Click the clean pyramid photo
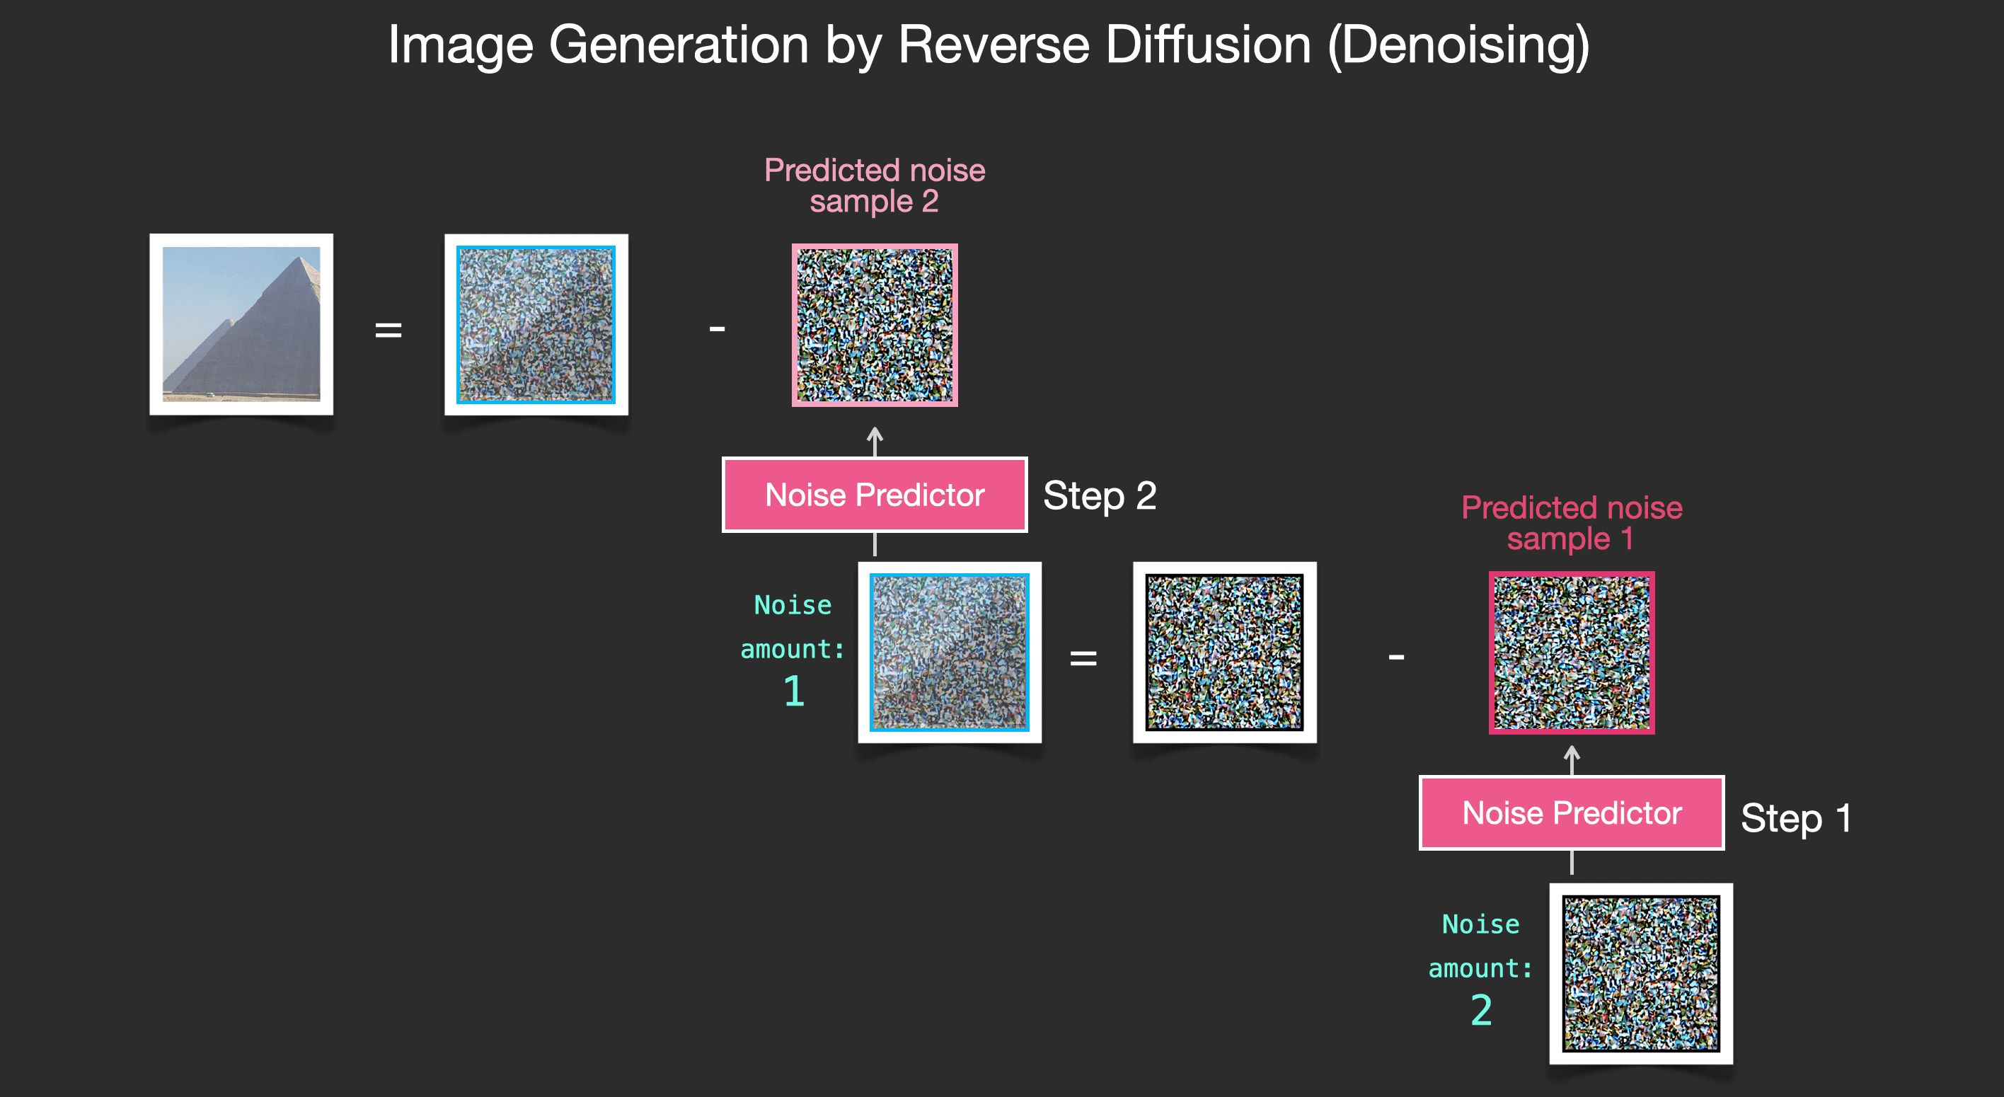tap(241, 323)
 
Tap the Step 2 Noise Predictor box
tap(875, 495)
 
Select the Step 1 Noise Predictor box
tap(1572, 813)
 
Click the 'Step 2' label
tap(1099, 495)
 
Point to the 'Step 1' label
tap(1795, 817)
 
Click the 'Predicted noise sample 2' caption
tap(875, 185)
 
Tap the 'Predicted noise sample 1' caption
tap(1572, 523)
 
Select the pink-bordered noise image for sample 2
tap(875, 326)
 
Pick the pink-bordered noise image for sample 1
tap(1572, 653)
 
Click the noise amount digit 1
tap(793, 691)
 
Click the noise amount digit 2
tap(1481, 1010)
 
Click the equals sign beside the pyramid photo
tap(388, 330)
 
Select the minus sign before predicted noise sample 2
tap(717, 329)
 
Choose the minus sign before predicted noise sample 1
tap(1396, 657)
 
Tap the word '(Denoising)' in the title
tap(1458, 45)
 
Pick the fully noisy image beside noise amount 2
tap(1641, 973)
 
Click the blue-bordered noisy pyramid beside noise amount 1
tap(949, 652)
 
